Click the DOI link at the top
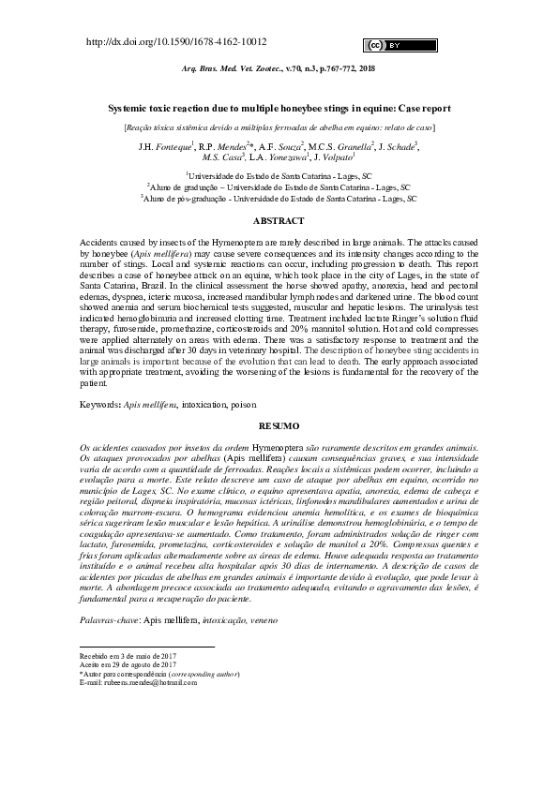tap(176, 42)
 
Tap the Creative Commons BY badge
tap(386, 44)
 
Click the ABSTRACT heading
tap(279, 221)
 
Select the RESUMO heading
tap(279, 426)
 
